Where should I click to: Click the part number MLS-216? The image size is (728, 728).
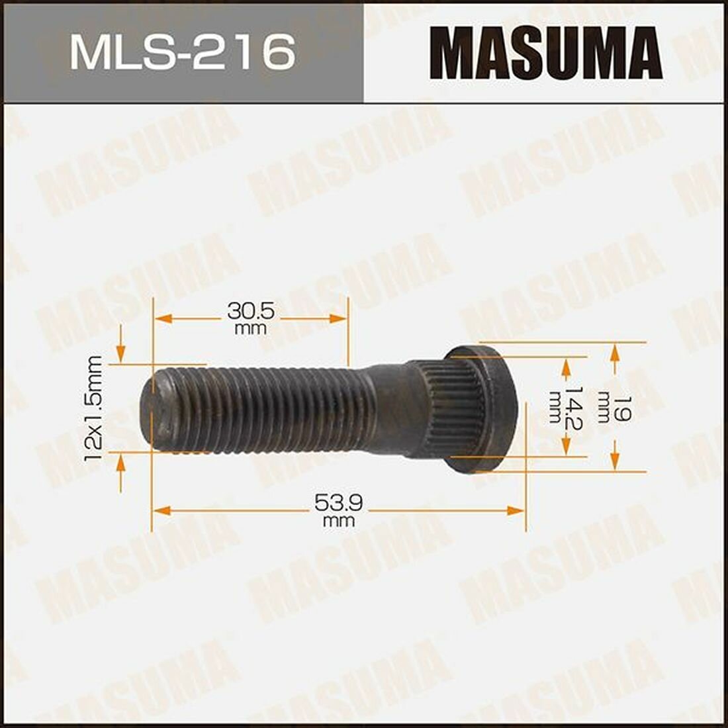click(182, 51)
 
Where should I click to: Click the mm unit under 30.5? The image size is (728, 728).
click(250, 328)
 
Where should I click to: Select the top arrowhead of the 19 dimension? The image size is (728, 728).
click(615, 351)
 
